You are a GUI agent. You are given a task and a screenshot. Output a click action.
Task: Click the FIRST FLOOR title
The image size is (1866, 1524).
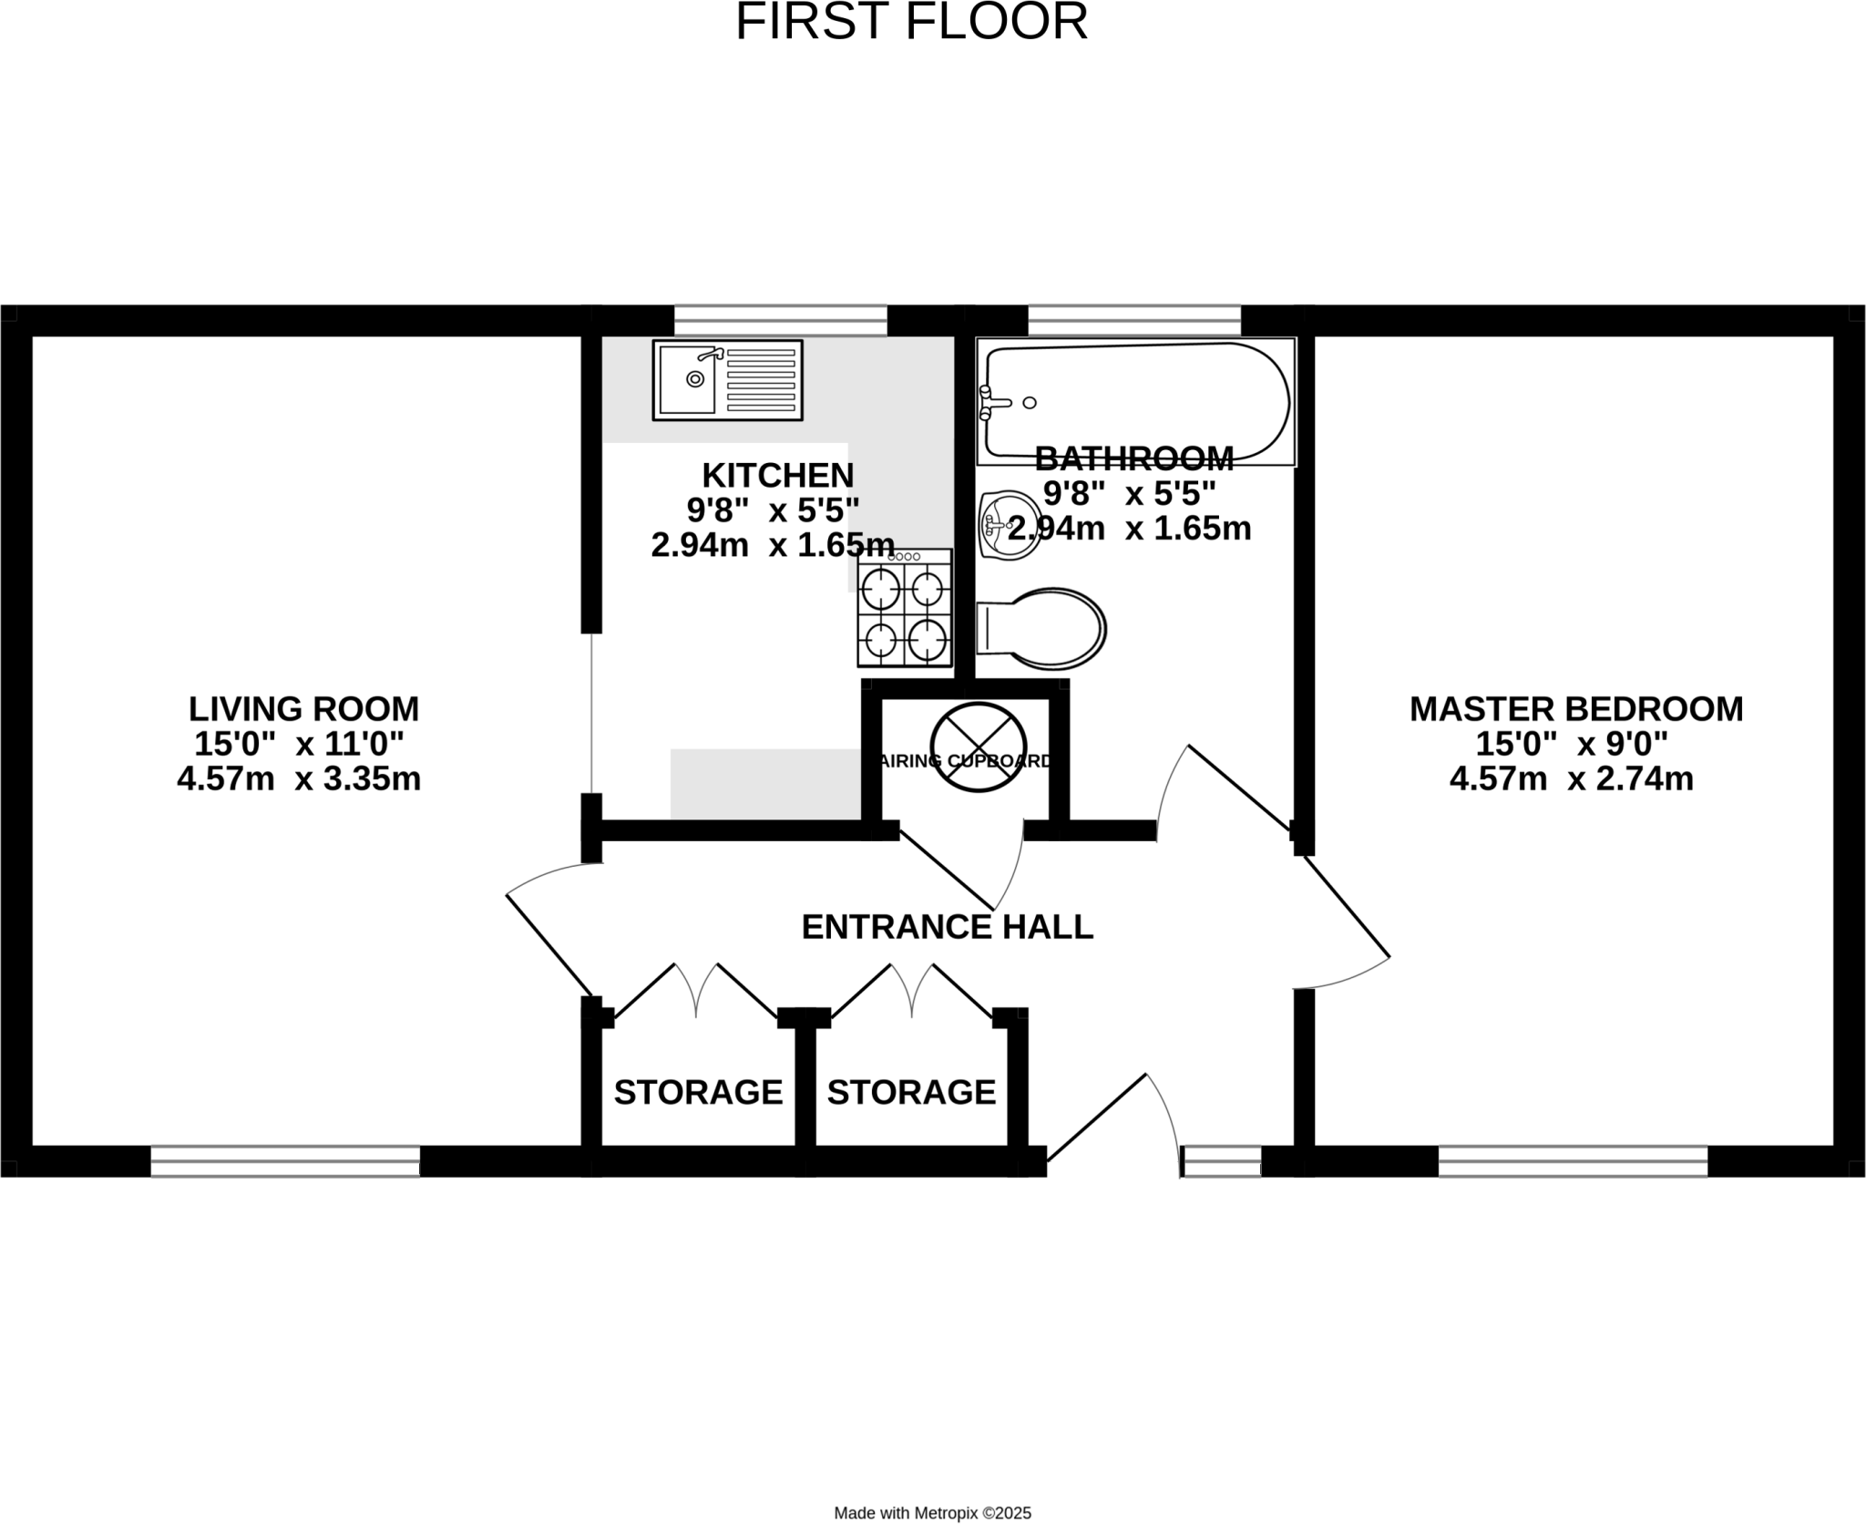911,22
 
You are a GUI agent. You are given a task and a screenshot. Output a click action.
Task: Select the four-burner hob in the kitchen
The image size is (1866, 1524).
904,608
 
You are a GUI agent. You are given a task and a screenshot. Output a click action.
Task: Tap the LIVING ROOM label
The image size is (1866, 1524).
303,708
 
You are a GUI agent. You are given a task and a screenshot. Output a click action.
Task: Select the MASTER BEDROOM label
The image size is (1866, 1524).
1576,708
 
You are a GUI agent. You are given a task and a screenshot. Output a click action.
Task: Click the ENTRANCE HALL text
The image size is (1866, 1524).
947,927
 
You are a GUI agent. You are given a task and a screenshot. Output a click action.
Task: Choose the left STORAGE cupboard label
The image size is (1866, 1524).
698,1091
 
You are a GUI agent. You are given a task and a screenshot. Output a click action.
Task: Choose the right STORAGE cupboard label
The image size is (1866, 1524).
911,1091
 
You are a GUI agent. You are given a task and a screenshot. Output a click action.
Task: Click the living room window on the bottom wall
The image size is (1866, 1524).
285,1161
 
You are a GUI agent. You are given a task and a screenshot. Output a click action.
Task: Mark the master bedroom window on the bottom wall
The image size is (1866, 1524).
1573,1161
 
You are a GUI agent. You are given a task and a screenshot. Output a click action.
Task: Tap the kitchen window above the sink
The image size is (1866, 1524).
780,320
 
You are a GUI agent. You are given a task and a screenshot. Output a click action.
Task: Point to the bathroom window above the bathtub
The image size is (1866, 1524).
1134,320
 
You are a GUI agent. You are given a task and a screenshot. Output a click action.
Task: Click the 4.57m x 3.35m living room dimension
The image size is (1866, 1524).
299,779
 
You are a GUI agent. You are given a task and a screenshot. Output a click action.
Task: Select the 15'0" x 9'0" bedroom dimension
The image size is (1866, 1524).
1572,744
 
